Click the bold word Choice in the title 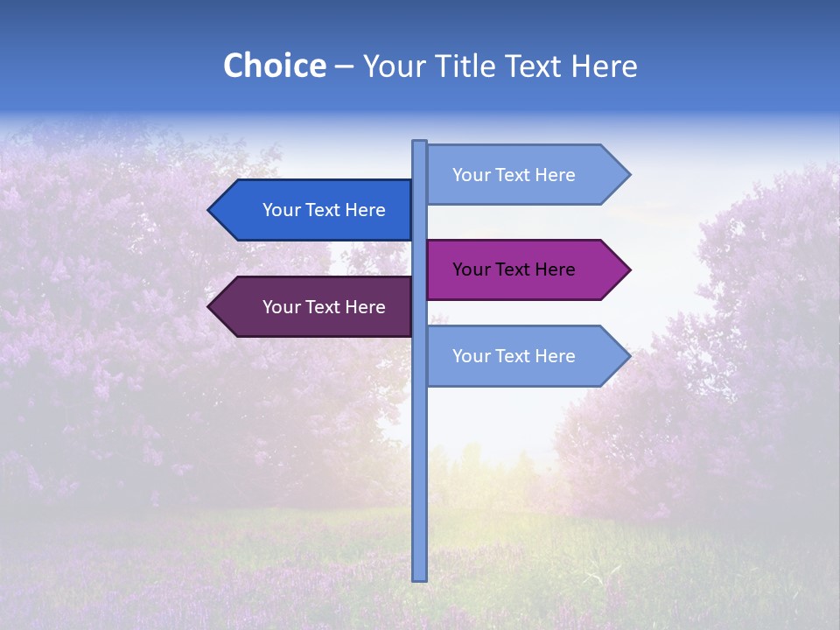(x=274, y=66)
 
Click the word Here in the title (x=604, y=66)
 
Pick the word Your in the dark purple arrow (x=281, y=307)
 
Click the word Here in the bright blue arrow (x=365, y=210)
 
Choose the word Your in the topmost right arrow (x=471, y=175)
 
